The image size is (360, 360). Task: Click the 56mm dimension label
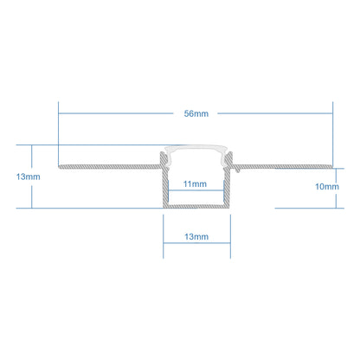coord(196,113)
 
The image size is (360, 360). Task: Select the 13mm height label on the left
coord(29,177)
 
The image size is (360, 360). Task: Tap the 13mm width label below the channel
coord(196,237)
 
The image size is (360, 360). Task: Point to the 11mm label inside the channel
coord(195,183)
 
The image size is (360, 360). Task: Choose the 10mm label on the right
coord(327,187)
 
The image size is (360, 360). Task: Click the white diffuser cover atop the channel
coord(196,148)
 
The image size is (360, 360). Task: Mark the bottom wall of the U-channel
coord(196,206)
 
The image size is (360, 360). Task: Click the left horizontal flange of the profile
coord(110,167)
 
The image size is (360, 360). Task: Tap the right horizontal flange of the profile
coord(283,166)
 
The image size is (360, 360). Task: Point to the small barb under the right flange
coord(237,170)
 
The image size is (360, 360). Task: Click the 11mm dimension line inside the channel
coord(196,190)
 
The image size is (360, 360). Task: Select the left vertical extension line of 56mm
coord(58,133)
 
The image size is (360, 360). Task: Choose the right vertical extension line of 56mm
coord(332,133)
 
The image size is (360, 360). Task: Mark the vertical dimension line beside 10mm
coord(336,188)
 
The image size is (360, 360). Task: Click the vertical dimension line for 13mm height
coord(32,177)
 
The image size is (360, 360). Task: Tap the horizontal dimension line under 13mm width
coord(196,243)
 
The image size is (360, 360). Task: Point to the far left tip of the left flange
coord(58,167)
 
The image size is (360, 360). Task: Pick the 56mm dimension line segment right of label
coord(275,113)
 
